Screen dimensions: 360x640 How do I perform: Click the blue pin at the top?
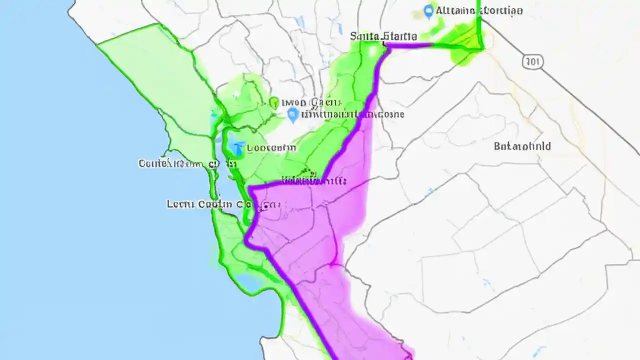(428, 11)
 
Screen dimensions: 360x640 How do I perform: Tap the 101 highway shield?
(533, 62)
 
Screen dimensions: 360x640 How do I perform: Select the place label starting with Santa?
(383, 36)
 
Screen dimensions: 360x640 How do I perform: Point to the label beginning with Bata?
(522, 146)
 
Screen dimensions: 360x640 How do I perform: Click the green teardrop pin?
(274, 103)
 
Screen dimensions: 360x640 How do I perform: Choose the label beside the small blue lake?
(271, 148)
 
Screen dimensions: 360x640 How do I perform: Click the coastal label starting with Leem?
(198, 204)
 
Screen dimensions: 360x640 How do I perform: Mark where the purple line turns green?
(433, 45)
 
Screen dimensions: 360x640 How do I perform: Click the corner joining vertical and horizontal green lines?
(482, 48)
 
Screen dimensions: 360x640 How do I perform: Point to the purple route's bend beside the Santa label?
(387, 47)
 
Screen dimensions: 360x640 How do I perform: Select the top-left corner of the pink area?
(250, 188)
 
